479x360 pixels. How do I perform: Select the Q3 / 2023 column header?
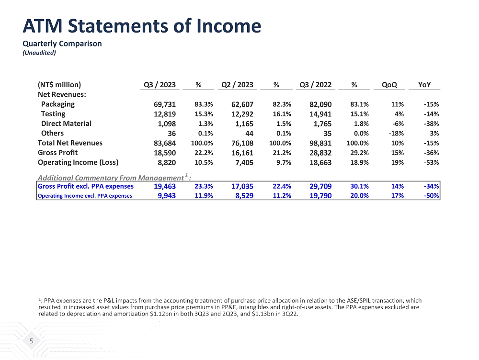(160, 85)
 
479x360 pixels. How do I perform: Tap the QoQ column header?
(389, 85)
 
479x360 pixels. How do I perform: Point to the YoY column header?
(424, 85)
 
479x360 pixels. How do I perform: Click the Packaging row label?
(57, 104)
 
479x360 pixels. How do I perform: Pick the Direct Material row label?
(66, 123)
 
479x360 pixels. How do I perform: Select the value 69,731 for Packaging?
(164, 104)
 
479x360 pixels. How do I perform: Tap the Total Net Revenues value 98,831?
(319, 143)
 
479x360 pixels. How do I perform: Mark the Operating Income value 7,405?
(244, 162)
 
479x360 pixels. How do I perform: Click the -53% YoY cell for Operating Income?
(431, 162)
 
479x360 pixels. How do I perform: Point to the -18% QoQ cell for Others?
(396, 133)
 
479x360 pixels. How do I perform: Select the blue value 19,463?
(164, 186)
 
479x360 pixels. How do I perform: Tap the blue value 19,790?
(319, 195)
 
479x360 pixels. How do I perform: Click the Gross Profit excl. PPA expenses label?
(85, 186)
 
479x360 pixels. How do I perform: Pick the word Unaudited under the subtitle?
(39, 53)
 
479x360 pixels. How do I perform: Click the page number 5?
(32, 341)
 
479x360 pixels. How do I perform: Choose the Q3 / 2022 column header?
(315, 85)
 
